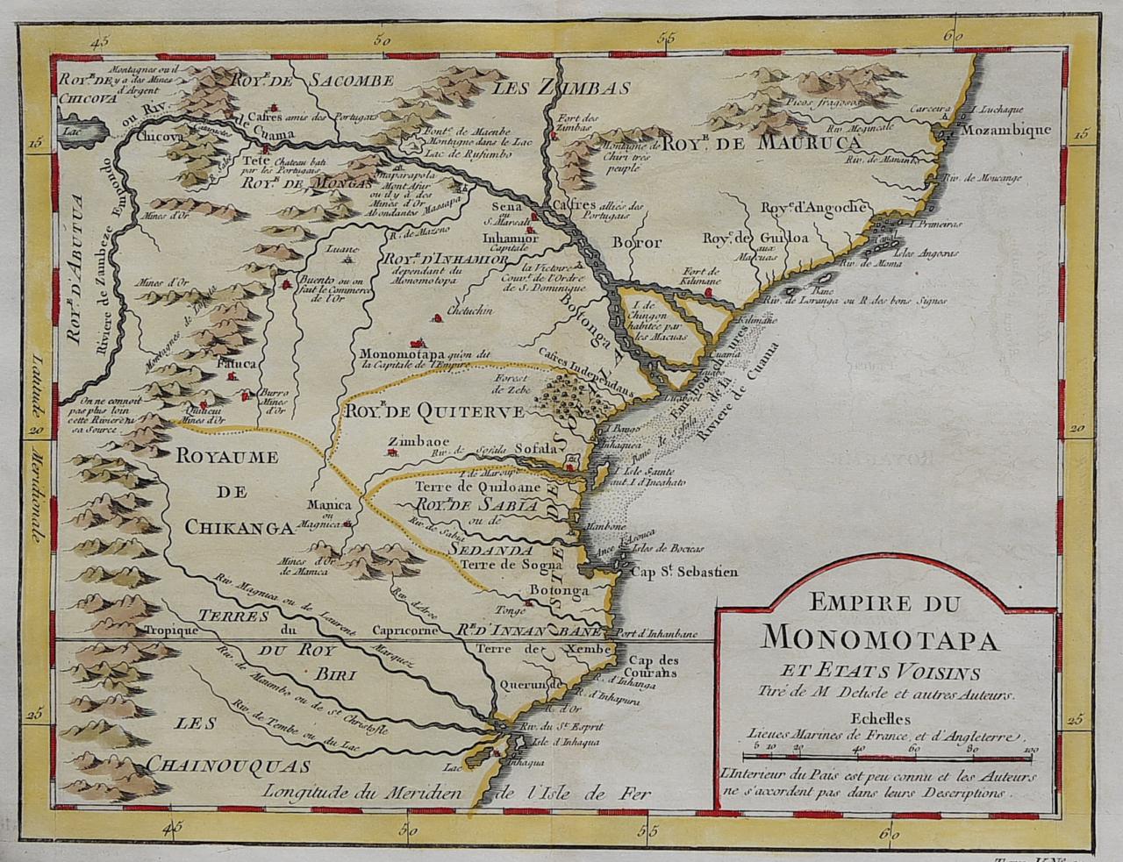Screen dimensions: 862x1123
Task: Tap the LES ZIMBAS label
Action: tap(561, 88)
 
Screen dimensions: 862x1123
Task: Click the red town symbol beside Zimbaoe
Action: tap(393, 453)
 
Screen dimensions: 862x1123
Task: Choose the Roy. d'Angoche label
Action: tap(813, 207)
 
